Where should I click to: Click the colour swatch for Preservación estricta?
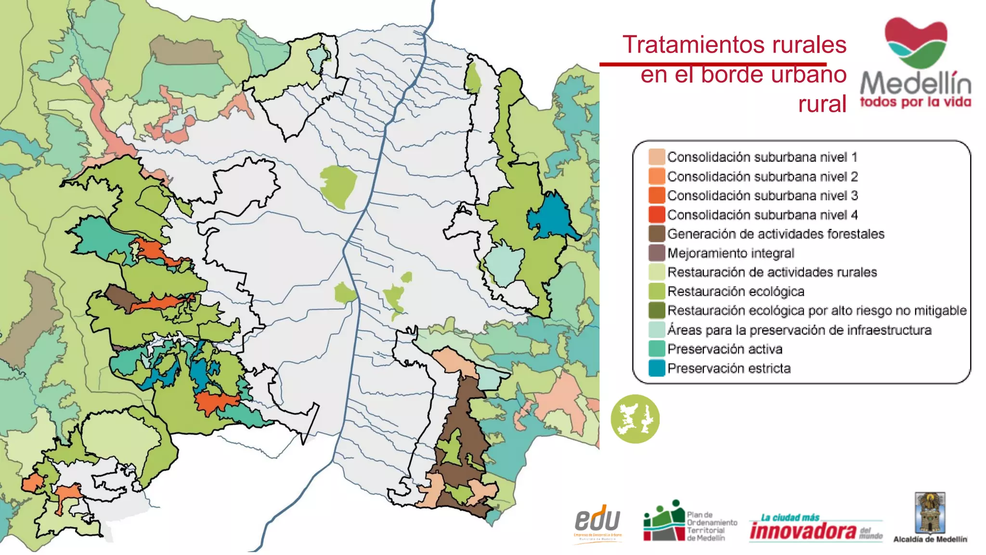click(x=657, y=368)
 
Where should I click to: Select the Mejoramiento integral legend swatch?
click(x=657, y=253)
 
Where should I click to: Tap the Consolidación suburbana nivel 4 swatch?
click(x=657, y=214)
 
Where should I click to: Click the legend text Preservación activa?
click(x=725, y=349)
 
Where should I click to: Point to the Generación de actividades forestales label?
click(x=776, y=234)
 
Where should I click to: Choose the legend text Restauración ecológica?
click(x=736, y=291)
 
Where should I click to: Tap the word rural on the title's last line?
click(x=822, y=104)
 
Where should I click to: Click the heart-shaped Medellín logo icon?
click(x=916, y=42)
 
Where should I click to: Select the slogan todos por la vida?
click(x=915, y=102)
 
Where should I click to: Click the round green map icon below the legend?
click(x=635, y=419)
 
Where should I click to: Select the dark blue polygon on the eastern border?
click(x=551, y=216)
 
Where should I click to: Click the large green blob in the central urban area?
click(x=338, y=185)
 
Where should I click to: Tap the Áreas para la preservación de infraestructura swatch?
click(x=657, y=330)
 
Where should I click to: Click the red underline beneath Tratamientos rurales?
click(x=713, y=64)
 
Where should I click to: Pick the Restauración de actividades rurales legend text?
click(x=772, y=272)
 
